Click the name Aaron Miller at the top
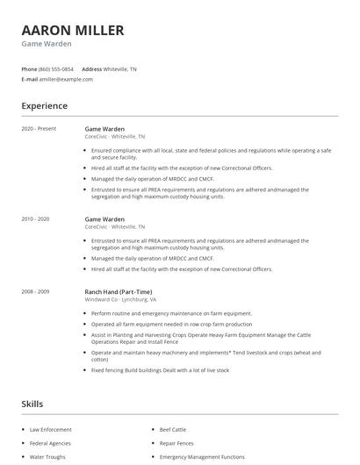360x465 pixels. [x=73, y=30]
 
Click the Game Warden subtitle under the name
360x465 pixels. [x=47, y=44]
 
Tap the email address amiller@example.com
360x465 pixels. [x=66, y=79]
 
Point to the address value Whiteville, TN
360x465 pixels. [x=120, y=68]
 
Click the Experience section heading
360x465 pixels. [x=44, y=106]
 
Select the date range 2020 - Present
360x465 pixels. [x=38, y=128]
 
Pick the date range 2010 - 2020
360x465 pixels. [x=37, y=218]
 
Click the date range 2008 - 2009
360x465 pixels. [x=37, y=291]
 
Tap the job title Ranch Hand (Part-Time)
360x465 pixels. [x=119, y=291]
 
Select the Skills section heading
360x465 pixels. [x=32, y=404]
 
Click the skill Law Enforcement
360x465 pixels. [x=51, y=430]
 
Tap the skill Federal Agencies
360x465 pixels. [x=50, y=443]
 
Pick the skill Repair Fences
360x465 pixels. [x=177, y=443]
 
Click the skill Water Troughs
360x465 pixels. [x=48, y=457]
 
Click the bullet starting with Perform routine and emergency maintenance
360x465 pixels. [x=171, y=313]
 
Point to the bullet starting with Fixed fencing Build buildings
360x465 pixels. [x=160, y=370]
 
